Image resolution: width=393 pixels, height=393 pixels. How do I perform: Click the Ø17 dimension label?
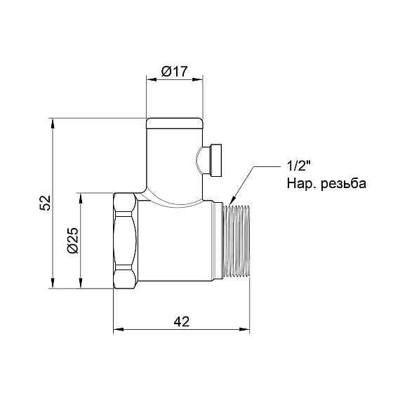173,71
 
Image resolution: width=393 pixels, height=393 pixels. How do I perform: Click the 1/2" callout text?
298,167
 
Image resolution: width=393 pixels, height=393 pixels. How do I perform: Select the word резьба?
342,184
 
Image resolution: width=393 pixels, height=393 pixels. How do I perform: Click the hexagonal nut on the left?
125,240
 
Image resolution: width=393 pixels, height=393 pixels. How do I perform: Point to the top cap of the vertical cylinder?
174,124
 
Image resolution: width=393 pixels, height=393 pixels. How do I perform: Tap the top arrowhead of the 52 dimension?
53,121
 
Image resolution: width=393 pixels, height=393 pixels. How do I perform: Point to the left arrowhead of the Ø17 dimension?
149,80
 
